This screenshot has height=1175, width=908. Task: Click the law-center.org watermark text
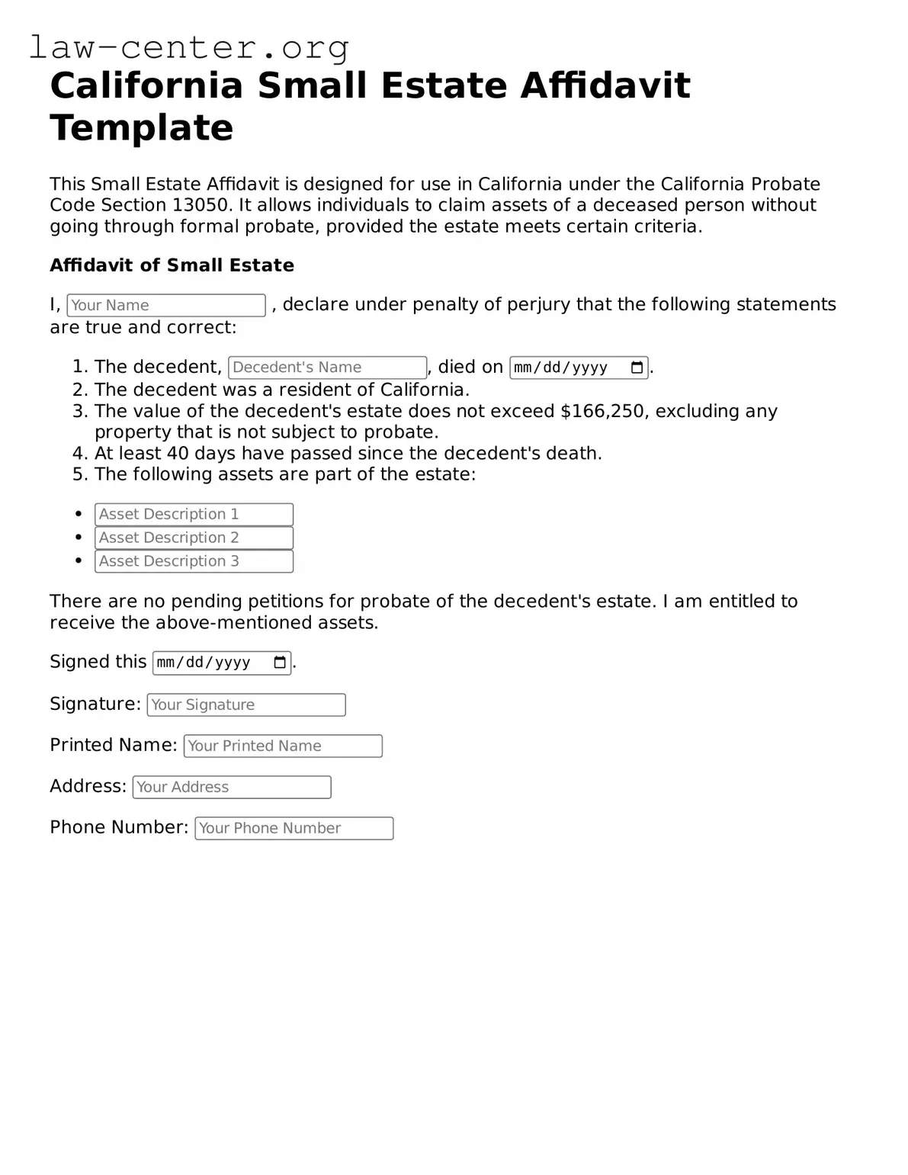pyautogui.click(x=189, y=47)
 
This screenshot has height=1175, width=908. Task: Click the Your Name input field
pyautogui.click(x=166, y=305)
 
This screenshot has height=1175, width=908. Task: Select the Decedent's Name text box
pyautogui.click(x=327, y=368)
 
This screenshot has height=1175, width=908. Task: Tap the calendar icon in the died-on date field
pyautogui.click(x=637, y=368)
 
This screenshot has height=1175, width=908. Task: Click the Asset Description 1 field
pyautogui.click(x=194, y=515)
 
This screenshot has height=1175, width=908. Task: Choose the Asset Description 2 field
pyautogui.click(x=194, y=538)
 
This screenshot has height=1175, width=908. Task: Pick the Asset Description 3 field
pyautogui.click(x=194, y=561)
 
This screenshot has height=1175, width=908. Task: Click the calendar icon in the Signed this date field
pyautogui.click(x=280, y=663)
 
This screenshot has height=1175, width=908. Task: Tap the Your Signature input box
pyautogui.click(x=246, y=705)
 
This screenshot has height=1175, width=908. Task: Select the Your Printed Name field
pyautogui.click(x=283, y=746)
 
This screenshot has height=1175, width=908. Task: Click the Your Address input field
pyautogui.click(x=232, y=787)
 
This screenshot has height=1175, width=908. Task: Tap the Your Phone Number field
pyautogui.click(x=294, y=828)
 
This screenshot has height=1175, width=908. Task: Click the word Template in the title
pyautogui.click(x=142, y=127)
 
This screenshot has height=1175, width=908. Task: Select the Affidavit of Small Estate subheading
pyautogui.click(x=172, y=265)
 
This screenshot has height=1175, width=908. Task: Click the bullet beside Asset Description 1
pyautogui.click(x=79, y=515)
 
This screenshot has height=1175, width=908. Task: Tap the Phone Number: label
pyautogui.click(x=119, y=827)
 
